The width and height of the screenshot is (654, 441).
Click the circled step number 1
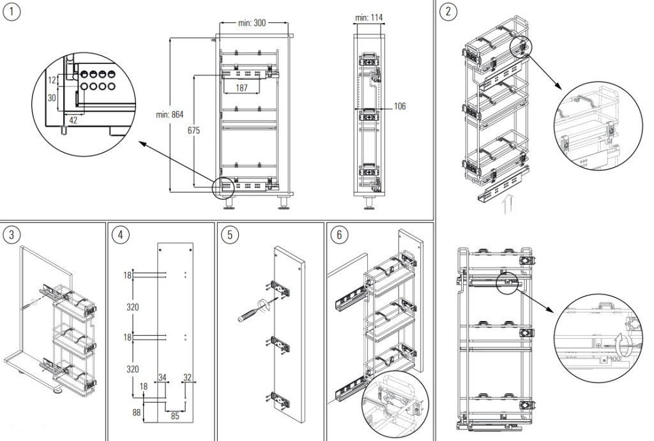coord(11,12)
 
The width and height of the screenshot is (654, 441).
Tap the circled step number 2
coord(450,11)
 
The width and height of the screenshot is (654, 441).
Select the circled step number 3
coord(11,235)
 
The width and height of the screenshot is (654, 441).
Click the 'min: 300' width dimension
coord(252,23)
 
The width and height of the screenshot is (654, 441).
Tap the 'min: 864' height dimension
coord(170,115)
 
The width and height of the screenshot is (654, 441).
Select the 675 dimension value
coord(194,130)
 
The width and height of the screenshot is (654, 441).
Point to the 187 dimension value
coord(242,88)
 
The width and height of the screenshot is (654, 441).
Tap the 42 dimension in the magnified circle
coord(73,119)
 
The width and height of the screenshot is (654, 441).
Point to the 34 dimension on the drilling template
coord(162,378)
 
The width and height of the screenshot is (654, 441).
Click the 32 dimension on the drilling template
coord(186,378)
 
